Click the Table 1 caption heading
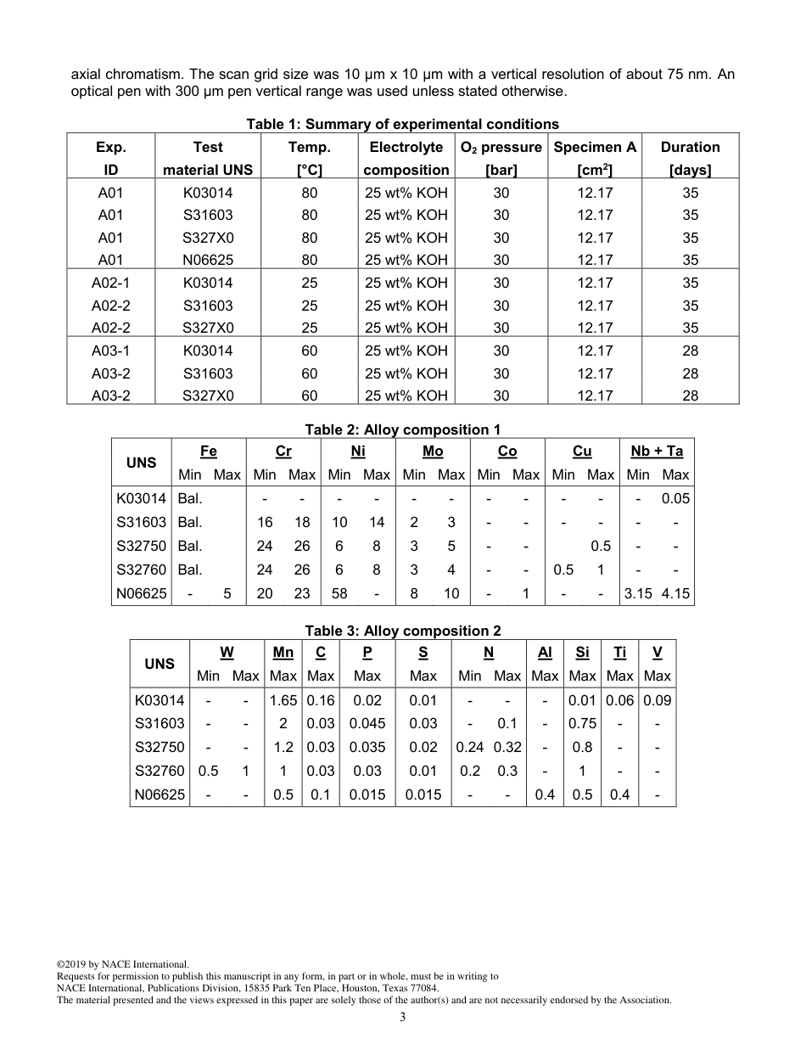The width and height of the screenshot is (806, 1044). tap(402, 124)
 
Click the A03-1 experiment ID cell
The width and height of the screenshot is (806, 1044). tap(110, 351)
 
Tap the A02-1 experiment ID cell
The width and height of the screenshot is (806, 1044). tap(110, 283)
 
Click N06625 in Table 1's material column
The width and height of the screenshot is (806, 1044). tap(208, 260)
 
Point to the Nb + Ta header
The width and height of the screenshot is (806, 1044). tap(657, 452)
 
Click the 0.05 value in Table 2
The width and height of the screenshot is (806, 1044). tap(675, 498)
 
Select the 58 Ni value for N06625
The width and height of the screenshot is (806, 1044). tap(339, 593)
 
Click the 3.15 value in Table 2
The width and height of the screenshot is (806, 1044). tap(638, 593)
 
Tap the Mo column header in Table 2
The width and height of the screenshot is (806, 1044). tap(433, 452)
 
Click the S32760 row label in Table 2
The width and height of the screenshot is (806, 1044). tap(142, 570)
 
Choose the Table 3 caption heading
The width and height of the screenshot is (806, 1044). tap(402, 631)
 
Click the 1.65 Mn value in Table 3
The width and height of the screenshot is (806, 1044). tap(283, 700)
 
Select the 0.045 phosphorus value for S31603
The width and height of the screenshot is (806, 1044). tap(367, 723)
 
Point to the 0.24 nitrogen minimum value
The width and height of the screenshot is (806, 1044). tap(469, 747)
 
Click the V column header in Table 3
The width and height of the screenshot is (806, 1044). tap(658, 653)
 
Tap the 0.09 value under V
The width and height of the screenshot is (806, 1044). tap(658, 700)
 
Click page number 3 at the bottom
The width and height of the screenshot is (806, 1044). tap(402, 1017)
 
